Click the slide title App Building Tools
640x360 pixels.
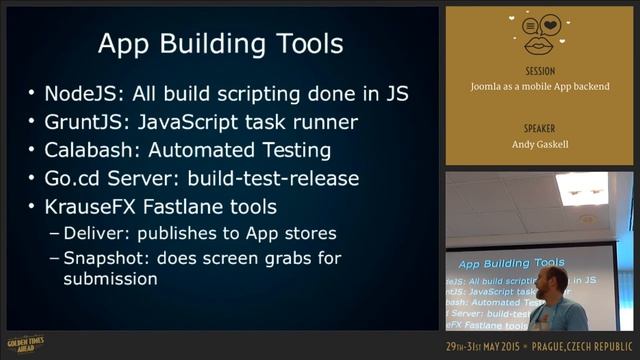point(220,44)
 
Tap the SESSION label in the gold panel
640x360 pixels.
point(539,71)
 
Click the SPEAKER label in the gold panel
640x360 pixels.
point(539,129)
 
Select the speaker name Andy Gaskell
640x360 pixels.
point(539,145)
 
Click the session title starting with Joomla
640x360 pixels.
point(539,87)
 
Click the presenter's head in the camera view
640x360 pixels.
point(551,280)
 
